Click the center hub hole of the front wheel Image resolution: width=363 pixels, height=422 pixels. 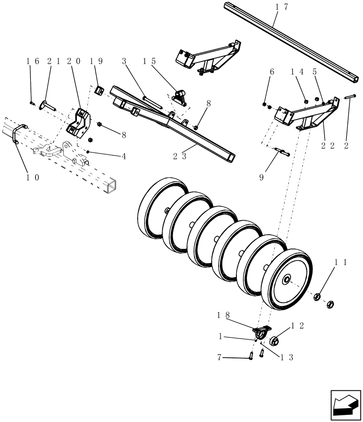click(287, 279)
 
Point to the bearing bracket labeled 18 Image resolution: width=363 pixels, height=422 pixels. click(261, 331)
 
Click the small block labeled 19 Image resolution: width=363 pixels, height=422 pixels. click(100, 90)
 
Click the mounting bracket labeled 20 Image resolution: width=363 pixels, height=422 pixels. click(79, 123)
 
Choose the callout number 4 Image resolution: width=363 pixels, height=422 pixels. click(124, 156)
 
